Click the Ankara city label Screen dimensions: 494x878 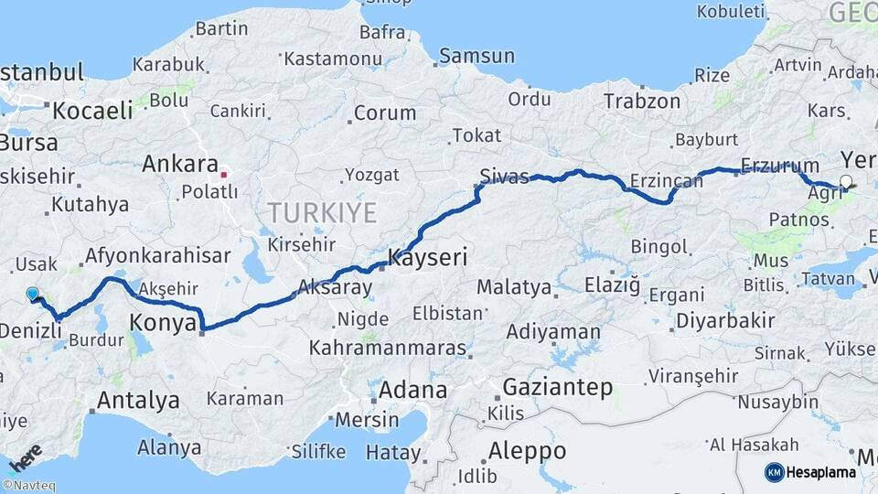click(179, 166)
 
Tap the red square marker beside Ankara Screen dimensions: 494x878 click(224, 172)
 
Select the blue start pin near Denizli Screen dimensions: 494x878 click(33, 294)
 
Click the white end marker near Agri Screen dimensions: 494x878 click(845, 182)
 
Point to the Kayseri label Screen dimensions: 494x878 click(428, 258)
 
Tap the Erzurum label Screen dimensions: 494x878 click(779, 166)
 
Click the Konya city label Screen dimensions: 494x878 click(164, 322)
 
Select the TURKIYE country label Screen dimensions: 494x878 click(322, 214)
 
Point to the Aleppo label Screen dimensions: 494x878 click(527, 451)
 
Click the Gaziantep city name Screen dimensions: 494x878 click(558, 387)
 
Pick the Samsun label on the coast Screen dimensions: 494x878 click(476, 56)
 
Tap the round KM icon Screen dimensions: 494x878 click(774, 472)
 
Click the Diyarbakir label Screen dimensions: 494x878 click(726, 321)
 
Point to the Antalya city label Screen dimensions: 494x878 click(138, 400)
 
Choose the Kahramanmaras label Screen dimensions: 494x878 click(388, 349)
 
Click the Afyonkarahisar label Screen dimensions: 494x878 click(157, 255)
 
